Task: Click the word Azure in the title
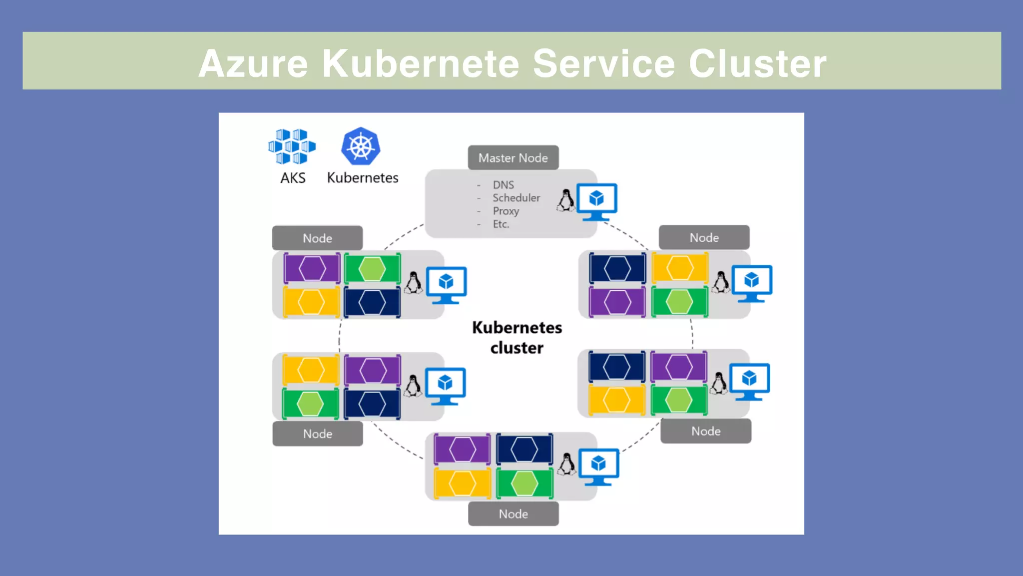253,64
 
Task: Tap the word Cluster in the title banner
757,64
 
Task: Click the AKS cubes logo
292,146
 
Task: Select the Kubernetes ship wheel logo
361,146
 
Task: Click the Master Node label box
513,158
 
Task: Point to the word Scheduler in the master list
516,198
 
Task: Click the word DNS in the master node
503,185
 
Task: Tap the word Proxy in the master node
506,211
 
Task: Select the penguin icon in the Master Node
566,201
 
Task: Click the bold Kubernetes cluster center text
517,338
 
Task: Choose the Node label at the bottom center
513,514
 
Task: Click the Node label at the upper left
317,238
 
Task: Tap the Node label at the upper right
704,238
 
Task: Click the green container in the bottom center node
524,483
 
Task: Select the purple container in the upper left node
312,269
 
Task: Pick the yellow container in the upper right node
680,268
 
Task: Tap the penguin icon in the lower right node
719,384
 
